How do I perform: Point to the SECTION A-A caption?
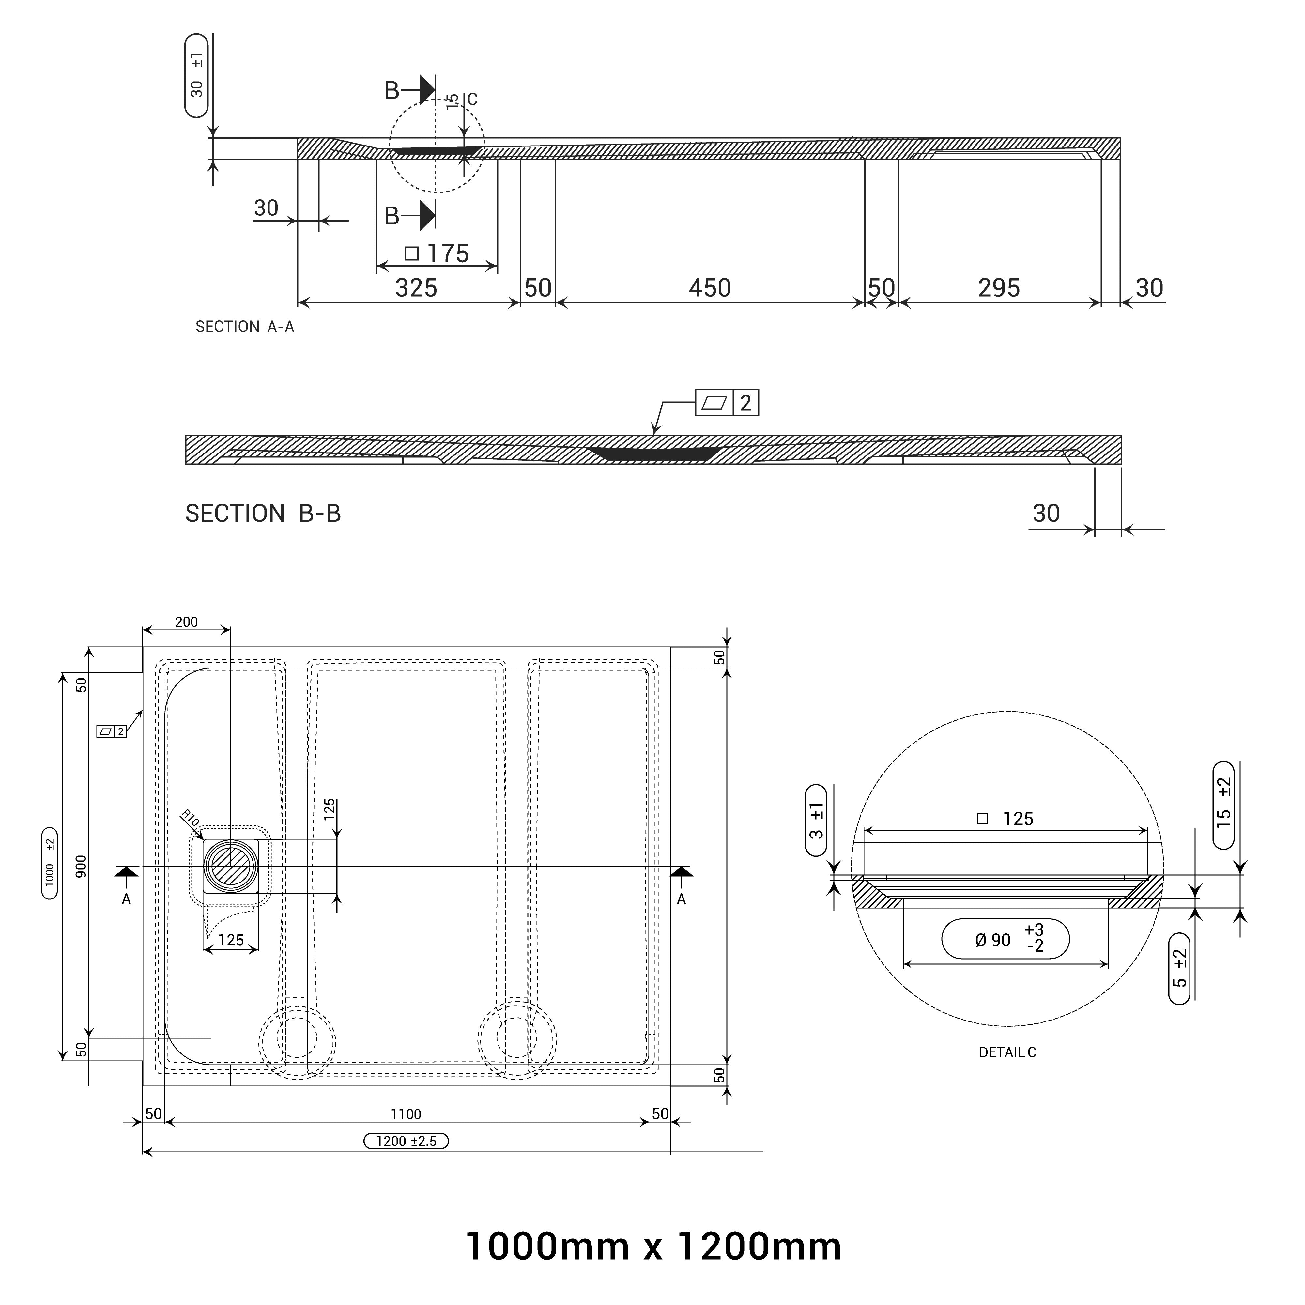[x=244, y=327]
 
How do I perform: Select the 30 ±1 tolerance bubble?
[x=196, y=76]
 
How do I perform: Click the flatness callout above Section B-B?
[x=727, y=403]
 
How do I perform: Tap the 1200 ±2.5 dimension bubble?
[x=406, y=1142]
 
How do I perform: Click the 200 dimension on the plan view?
[x=186, y=622]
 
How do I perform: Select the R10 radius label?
[x=191, y=820]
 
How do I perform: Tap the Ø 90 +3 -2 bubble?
[x=1005, y=939]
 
